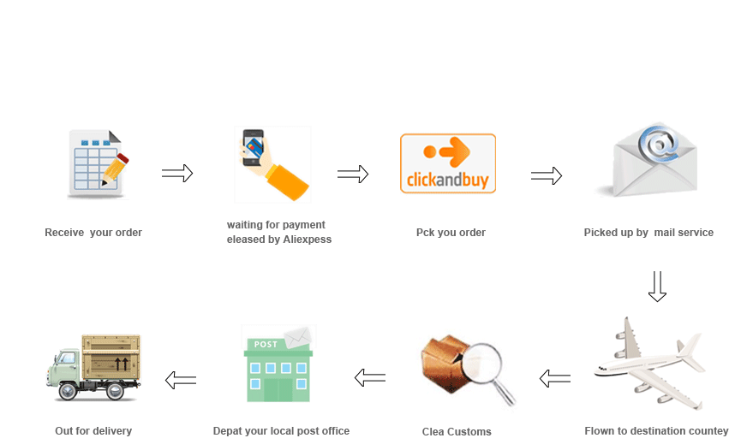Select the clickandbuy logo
click(x=448, y=163)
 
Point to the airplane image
click(x=650, y=363)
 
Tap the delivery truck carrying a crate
click(x=94, y=367)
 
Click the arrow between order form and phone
click(x=177, y=174)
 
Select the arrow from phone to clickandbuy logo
click(x=353, y=175)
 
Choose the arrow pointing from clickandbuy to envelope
click(x=547, y=176)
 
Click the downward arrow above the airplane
click(x=657, y=287)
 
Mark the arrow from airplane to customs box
click(x=554, y=377)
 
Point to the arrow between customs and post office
click(x=370, y=377)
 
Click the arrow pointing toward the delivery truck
click(x=181, y=380)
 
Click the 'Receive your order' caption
click(x=93, y=232)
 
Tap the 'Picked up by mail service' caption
click(x=648, y=232)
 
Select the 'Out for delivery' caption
click(x=93, y=430)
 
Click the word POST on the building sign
click(x=265, y=344)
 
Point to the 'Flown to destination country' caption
click(x=655, y=430)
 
